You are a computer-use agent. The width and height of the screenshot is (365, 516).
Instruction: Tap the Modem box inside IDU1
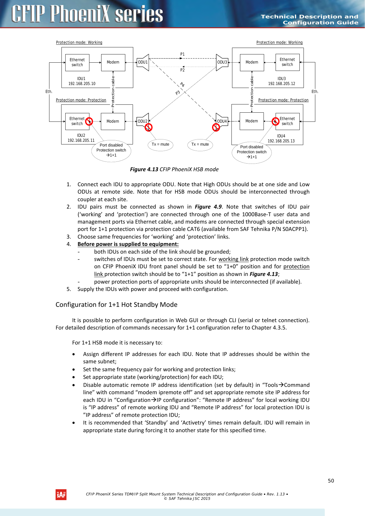[113, 62]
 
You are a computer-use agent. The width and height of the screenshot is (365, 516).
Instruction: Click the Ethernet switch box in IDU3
[287, 62]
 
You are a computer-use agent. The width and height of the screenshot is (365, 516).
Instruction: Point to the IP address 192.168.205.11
[81, 141]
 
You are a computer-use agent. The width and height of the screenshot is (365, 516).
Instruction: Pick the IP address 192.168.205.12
[281, 84]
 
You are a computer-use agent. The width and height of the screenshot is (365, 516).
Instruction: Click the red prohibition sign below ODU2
[149, 127]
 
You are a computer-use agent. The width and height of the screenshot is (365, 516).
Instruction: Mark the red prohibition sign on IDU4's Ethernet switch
[276, 121]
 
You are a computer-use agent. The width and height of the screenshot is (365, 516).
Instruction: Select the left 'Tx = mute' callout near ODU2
[160, 144]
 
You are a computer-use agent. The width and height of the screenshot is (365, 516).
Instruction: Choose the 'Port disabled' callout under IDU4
[251, 152]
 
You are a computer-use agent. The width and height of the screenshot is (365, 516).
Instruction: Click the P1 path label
[182, 54]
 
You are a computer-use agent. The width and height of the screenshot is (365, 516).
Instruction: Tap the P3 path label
[178, 93]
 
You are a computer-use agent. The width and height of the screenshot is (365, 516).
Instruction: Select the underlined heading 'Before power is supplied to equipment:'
[128, 244]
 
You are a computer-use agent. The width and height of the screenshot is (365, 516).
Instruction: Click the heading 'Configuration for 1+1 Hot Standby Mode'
[116, 305]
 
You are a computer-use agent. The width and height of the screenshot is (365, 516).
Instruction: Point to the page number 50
[331, 481]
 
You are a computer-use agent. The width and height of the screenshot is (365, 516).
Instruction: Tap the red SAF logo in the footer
[61, 495]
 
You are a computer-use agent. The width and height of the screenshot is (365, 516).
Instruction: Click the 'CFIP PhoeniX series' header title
[87, 14]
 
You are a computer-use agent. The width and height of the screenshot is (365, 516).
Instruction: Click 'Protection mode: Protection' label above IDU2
[81, 100]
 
